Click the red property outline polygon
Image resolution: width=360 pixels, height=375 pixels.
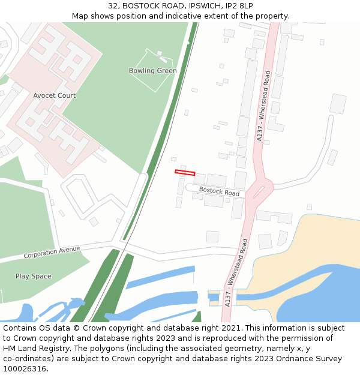pos(185,173)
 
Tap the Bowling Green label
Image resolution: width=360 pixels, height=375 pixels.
pos(152,71)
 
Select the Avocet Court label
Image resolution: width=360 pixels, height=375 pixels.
pos(54,95)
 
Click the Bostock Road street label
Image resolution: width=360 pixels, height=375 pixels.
pos(219,191)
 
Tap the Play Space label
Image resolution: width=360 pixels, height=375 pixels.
pos(34,277)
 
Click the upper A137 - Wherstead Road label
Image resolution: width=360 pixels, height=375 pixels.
pos(263,106)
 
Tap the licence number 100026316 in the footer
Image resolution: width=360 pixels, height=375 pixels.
pos(24,368)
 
